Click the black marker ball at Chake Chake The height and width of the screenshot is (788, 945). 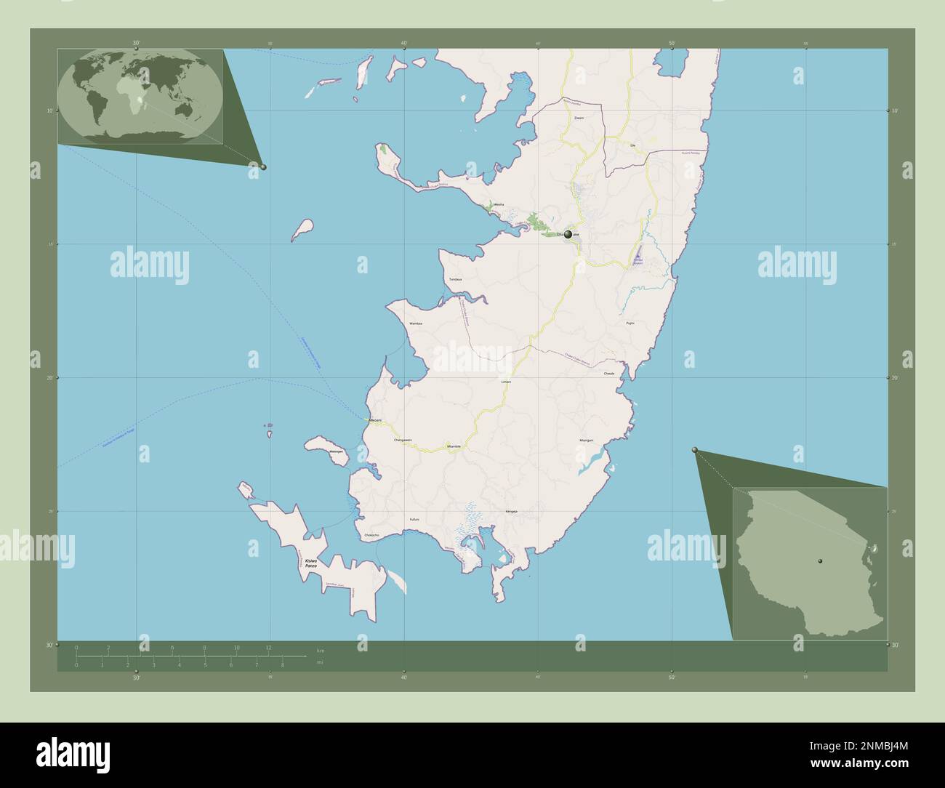click(x=568, y=234)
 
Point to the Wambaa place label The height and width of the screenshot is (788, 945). click(x=416, y=323)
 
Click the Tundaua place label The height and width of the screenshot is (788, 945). click(x=456, y=279)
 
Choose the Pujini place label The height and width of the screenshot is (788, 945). click(x=630, y=323)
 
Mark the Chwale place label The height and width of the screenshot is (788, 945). click(x=609, y=374)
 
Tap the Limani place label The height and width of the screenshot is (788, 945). click(x=507, y=382)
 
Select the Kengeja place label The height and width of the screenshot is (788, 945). click(x=511, y=512)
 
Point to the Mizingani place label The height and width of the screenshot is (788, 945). click(x=587, y=441)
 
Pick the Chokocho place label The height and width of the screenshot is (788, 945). click(x=371, y=535)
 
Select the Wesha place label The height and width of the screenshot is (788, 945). click(x=499, y=206)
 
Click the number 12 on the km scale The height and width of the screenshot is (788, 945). click(x=268, y=647)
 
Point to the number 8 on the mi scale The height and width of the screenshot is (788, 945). click(x=282, y=664)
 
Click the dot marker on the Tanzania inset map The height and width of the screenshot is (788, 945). click(x=820, y=561)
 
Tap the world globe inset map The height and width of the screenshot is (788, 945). click(x=140, y=97)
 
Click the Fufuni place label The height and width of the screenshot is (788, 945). click(x=414, y=519)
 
